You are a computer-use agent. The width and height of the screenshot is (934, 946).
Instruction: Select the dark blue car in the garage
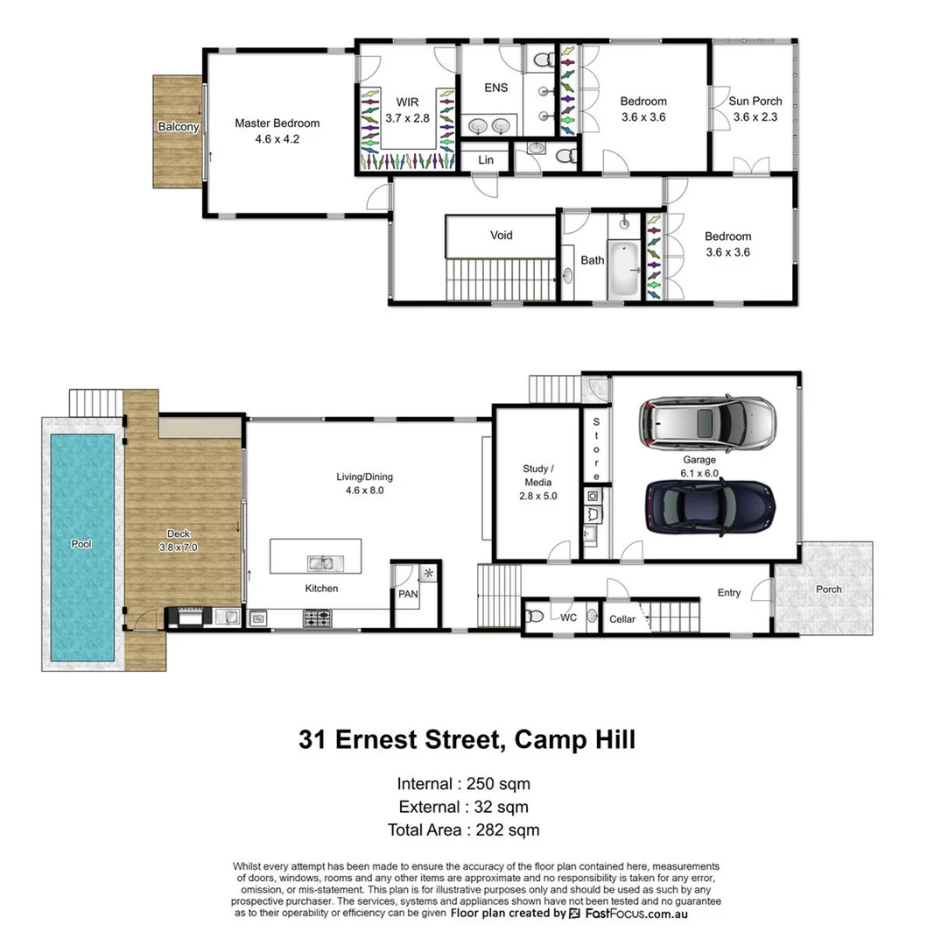coord(710,507)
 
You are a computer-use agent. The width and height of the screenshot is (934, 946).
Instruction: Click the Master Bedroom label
coord(277,124)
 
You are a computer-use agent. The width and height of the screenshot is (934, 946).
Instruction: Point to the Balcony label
coord(178,127)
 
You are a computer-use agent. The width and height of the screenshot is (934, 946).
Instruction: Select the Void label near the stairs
coord(501,235)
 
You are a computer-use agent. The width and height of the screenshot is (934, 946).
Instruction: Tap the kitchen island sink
coord(320,562)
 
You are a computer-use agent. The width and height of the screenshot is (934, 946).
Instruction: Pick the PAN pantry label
coord(408,594)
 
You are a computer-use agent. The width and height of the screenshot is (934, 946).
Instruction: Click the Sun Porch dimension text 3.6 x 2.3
coord(755,117)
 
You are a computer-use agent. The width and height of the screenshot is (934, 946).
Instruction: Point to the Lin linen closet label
coord(486,160)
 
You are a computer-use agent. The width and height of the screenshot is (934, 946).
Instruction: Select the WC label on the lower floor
coord(568,618)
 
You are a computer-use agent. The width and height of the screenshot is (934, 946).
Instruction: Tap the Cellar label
coord(621,619)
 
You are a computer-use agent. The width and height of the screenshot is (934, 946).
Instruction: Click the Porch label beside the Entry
coord(827,589)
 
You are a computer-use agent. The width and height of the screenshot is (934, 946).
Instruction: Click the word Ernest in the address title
coord(396,739)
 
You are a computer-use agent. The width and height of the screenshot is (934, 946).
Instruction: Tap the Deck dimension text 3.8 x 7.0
coord(179,547)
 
